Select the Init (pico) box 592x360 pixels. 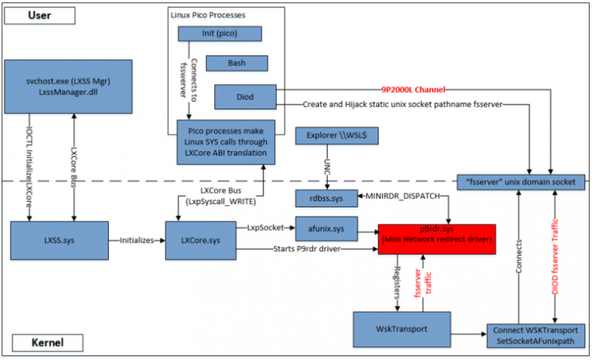pos(220,34)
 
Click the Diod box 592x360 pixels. pos(241,97)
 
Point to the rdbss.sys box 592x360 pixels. pos(327,198)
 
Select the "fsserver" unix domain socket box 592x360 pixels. pos(520,182)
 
